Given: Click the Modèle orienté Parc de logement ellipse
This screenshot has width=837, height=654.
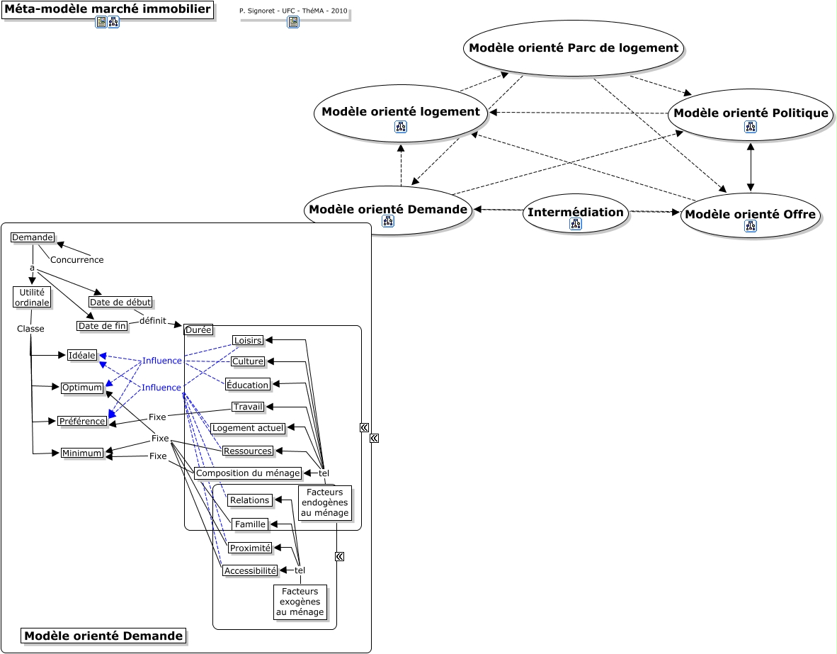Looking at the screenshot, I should pyautogui.click(x=574, y=48).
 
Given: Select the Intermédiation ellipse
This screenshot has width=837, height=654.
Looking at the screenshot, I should pyautogui.click(x=576, y=213).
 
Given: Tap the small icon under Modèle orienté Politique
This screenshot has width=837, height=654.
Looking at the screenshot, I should pyautogui.click(x=751, y=127).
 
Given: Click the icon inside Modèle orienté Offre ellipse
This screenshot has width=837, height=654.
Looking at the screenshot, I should pyautogui.click(x=751, y=226).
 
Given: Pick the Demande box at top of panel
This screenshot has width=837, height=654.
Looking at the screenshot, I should pyautogui.click(x=33, y=237).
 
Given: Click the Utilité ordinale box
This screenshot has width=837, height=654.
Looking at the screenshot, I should pyautogui.click(x=32, y=298).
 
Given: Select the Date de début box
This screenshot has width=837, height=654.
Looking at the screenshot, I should pyautogui.click(x=120, y=302).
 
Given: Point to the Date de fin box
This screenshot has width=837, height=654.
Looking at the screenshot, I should pyautogui.click(x=103, y=326).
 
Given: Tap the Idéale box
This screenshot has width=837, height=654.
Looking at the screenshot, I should pyautogui.click(x=82, y=355).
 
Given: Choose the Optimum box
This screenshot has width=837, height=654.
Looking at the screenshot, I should pyautogui.click(x=82, y=388).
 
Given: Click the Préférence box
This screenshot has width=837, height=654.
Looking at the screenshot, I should pyautogui.click(x=83, y=421).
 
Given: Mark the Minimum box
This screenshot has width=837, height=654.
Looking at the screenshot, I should pyautogui.click(x=82, y=453).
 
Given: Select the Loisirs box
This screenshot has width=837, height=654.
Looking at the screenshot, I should pyautogui.click(x=248, y=340).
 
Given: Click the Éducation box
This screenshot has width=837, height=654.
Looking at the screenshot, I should pyautogui.click(x=248, y=385).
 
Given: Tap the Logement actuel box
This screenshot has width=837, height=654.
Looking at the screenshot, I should pyautogui.click(x=248, y=428).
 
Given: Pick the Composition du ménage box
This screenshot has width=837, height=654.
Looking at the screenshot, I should pyautogui.click(x=248, y=473).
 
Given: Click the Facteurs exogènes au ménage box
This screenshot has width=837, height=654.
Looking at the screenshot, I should pyautogui.click(x=300, y=602).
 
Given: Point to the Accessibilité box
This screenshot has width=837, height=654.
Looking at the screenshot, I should pyautogui.click(x=250, y=570).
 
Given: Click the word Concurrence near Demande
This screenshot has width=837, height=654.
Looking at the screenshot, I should pyautogui.click(x=76, y=260).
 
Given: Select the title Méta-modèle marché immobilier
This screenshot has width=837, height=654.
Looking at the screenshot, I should pyautogui.click(x=108, y=9).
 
